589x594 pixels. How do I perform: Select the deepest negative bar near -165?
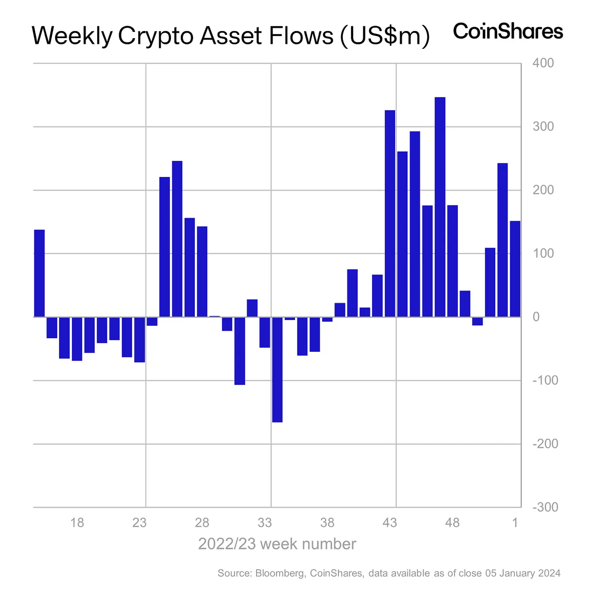pos(277,370)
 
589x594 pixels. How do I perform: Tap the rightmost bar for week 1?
pos(515,269)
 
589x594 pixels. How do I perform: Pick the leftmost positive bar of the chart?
pos(39,273)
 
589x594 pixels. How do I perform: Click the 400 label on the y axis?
pos(543,63)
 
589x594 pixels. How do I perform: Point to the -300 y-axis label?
pos(545,507)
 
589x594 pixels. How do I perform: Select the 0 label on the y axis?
pos(536,317)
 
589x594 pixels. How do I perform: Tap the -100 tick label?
pos(545,380)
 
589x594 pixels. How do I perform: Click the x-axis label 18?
pos(77,523)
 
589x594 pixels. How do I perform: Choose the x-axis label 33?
pos(264,523)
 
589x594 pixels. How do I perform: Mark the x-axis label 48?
pos(452,523)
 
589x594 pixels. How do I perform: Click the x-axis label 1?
pos(515,523)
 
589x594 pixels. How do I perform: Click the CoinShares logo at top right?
pos(508,32)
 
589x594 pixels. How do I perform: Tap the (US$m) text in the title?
pos(384,36)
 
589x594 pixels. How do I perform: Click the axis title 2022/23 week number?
pos(277,544)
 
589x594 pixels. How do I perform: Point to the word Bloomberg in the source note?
pos(280,573)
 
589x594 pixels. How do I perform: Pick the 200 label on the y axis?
pos(543,190)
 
